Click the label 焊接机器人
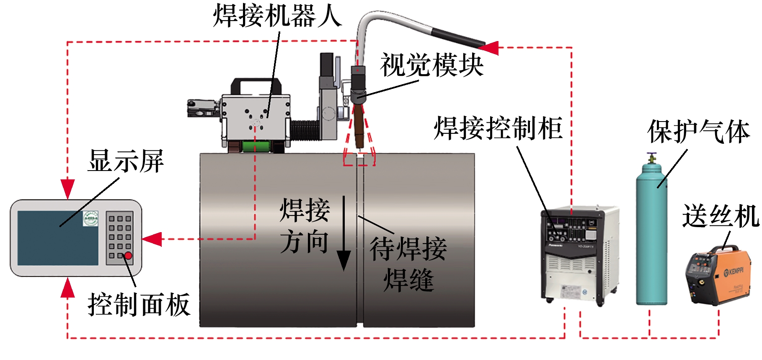277,16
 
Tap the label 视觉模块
431,65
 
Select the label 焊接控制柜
498,128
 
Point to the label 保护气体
698,132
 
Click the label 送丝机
721,216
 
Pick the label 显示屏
126,161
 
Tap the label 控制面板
139,305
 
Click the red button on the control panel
128,255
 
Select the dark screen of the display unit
58,238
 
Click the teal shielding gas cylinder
651,239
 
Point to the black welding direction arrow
344,235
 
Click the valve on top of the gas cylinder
651,159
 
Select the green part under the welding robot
255,147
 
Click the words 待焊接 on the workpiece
408,249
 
